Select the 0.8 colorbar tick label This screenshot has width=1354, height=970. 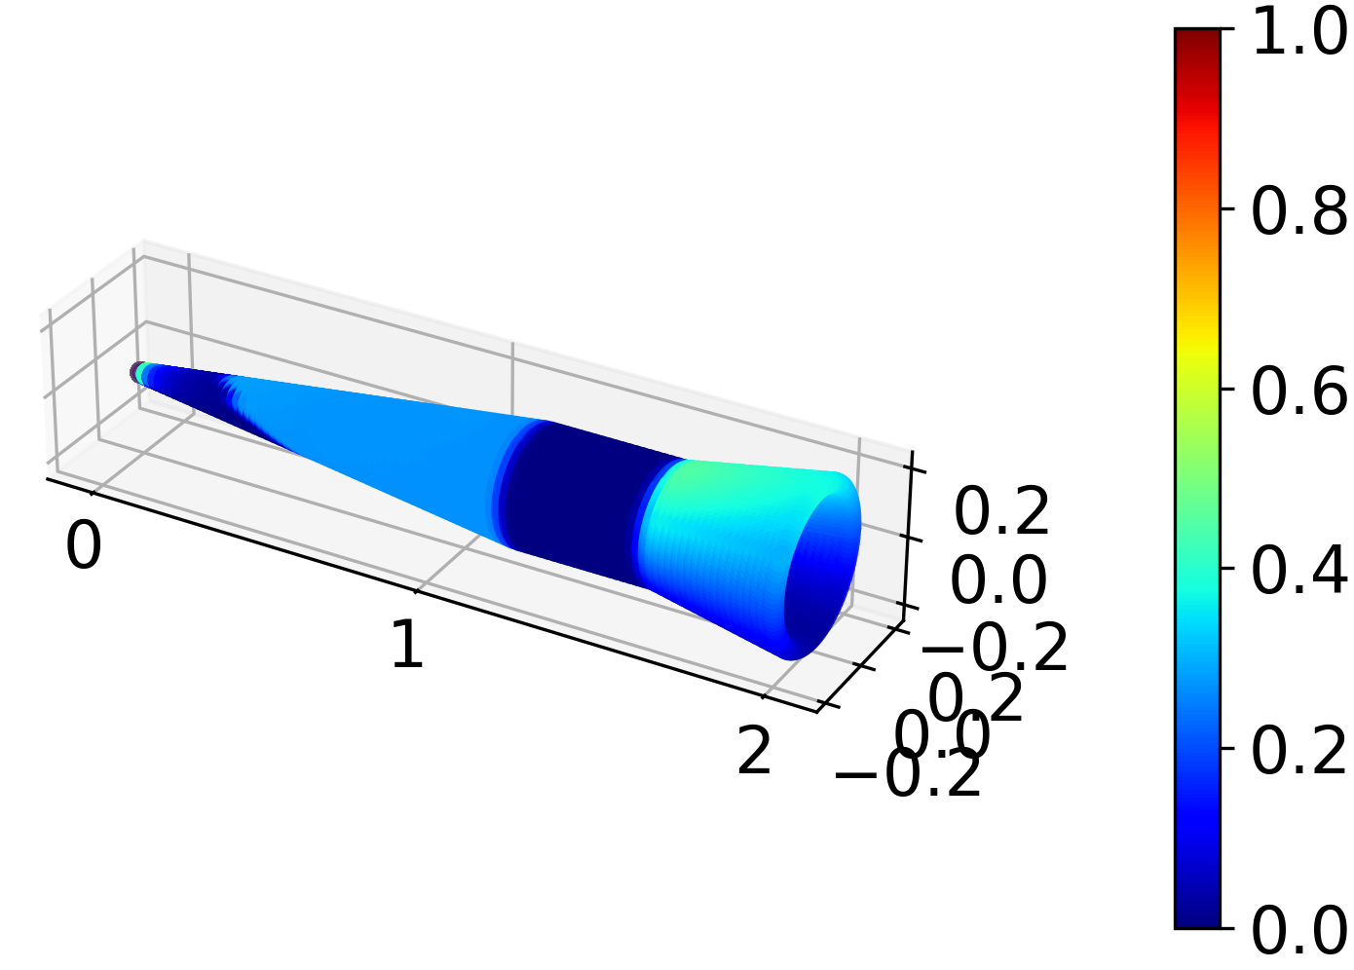click(x=1299, y=210)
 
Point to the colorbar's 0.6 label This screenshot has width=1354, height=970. click(x=1299, y=391)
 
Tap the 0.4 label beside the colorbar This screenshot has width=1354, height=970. click(x=1299, y=570)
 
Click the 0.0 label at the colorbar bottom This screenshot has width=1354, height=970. click(x=1299, y=929)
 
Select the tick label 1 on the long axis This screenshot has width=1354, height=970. click(x=407, y=645)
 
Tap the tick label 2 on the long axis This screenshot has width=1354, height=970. click(x=755, y=751)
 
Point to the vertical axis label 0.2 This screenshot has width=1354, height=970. click(x=1001, y=510)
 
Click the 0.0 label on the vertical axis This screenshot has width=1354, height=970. click(x=998, y=580)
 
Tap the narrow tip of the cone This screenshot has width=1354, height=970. click(x=141, y=372)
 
